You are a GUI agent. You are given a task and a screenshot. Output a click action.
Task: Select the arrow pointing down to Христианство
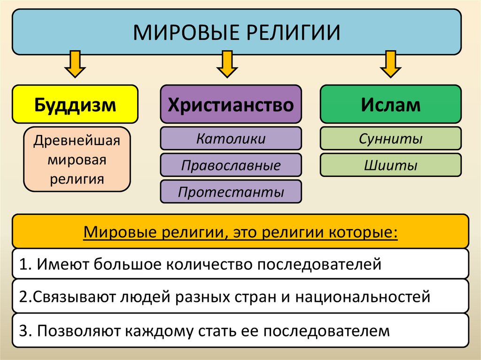pos(227,65)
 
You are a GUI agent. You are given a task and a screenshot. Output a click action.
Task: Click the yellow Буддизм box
pos(75,104)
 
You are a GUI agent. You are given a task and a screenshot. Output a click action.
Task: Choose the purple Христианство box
pos(231,104)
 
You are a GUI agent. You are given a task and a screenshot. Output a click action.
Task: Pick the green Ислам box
pos(391,104)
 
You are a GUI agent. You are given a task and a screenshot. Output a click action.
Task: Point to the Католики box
pos(231,138)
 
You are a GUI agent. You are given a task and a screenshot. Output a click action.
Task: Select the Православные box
pos(231,165)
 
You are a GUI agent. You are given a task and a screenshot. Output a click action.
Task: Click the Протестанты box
pos(231,192)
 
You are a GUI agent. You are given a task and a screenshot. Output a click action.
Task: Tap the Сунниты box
pos(391,138)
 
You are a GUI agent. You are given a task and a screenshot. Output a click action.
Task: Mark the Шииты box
pos(391,165)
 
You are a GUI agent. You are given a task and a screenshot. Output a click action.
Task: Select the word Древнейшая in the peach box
pos(77,140)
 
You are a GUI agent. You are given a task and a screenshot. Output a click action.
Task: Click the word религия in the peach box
pos(77,178)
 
